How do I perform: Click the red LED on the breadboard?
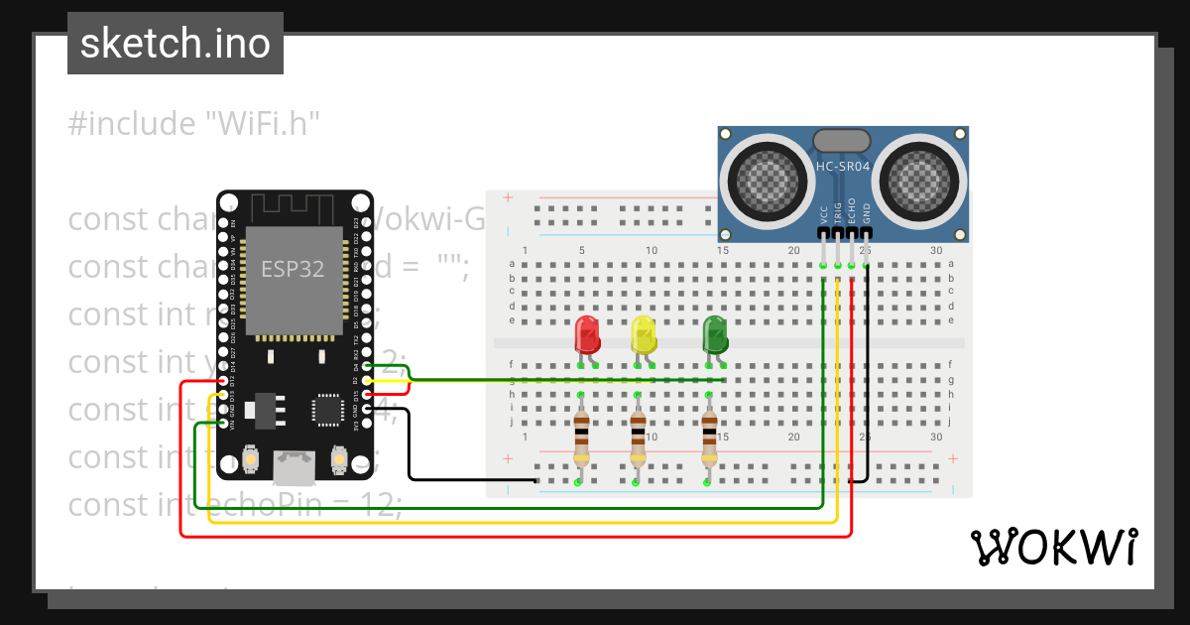[x=587, y=334]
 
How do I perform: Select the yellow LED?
[x=644, y=334]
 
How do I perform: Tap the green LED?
[x=715, y=334]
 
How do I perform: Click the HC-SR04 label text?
[x=842, y=167]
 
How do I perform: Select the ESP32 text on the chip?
[x=292, y=268]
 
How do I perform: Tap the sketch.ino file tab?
[x=176, y=44]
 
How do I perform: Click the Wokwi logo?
[x=1053, y=547]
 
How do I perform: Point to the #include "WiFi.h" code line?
[x=194, y=124]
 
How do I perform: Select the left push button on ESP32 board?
[x=251, y=461]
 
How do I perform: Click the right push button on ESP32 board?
[x=339, y=461]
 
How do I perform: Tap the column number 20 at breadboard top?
[x=793, y=250]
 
